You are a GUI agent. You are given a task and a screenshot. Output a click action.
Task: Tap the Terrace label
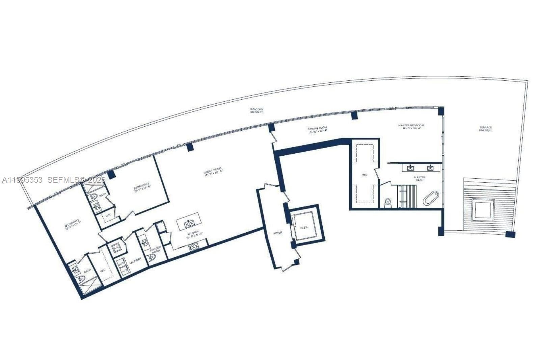click(x=485, y=129)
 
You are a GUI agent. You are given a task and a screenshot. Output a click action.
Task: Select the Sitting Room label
click(x=317, y=130)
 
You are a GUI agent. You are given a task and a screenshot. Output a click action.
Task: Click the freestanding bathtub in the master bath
click(x=431, y=198)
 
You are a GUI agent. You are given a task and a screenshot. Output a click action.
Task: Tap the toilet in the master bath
click(x=388, y=203)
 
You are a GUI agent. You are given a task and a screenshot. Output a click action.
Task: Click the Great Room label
click(x=213, y=172)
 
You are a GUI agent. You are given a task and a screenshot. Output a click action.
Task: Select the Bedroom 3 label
click(x=142, y=186)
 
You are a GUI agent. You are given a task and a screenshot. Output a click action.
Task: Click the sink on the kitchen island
click(x=189, y=223)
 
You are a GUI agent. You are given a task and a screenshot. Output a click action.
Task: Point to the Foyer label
click(x=277, y=233)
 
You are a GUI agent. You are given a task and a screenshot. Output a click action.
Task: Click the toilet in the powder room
click(x=152, y=257)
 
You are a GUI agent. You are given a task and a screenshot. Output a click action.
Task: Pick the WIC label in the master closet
click(x=364, y=175)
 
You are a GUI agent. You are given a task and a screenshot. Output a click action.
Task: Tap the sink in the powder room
click(x=145, y=242)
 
